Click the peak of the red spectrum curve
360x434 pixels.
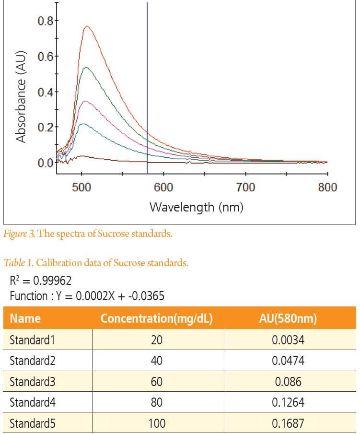tap(87, 26)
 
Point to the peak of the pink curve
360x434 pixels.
tap(85, 101)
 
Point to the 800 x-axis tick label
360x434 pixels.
tap(327, 187)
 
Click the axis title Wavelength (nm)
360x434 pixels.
tap(197, 207)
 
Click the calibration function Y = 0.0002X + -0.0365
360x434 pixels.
tap(87, 296)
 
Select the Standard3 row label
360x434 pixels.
tap(32, 382)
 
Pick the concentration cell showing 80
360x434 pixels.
tap(156, 402)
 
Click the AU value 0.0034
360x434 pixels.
tap(288, 340)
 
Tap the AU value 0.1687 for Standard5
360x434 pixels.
tap(288, 423)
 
